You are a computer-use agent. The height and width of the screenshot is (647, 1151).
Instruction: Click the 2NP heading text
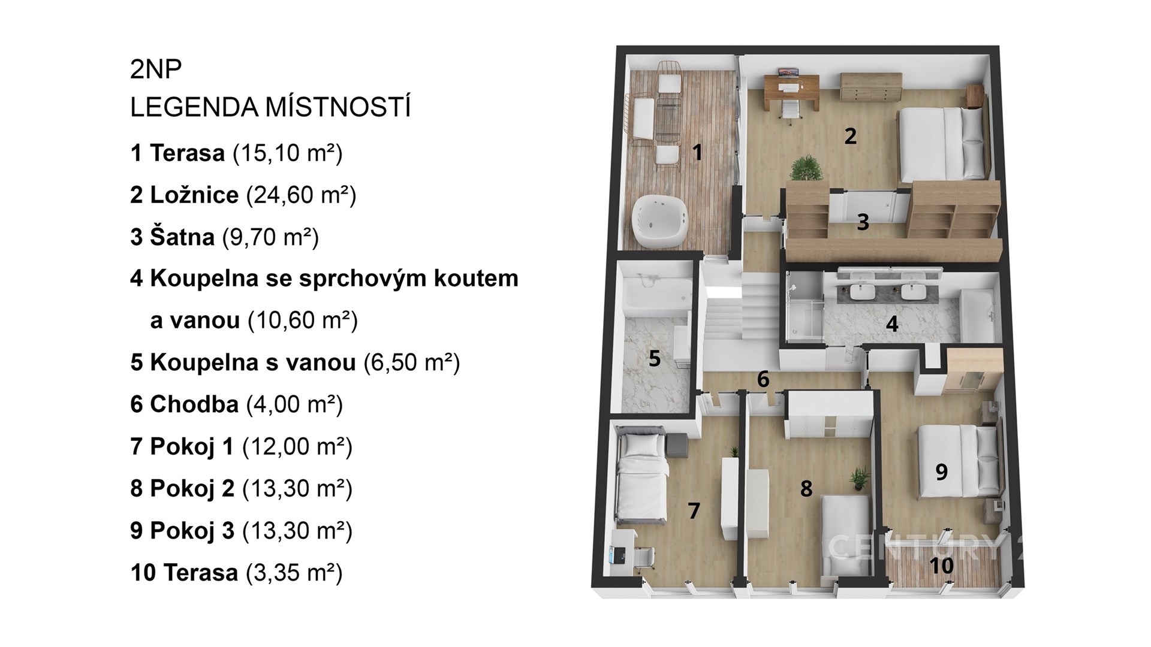click(156, 70)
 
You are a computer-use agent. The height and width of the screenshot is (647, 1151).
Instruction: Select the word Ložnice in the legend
click(194, 195)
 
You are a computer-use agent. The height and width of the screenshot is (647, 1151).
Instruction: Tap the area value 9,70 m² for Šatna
click(270, 237)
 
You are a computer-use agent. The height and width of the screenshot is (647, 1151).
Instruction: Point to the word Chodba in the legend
click(194, 404)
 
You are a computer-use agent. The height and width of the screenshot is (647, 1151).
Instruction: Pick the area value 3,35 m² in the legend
click(294, 573)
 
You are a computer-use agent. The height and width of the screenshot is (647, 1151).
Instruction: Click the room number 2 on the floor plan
click(850, 137)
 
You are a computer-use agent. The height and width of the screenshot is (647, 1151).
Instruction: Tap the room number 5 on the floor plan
click(655, 359)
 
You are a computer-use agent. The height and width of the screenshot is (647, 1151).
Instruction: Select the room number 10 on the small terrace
click(942, 565)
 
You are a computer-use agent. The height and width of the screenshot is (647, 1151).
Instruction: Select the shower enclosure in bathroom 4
click(803, 307)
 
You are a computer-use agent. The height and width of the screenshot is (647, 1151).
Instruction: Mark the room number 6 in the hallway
click(763, 379)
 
